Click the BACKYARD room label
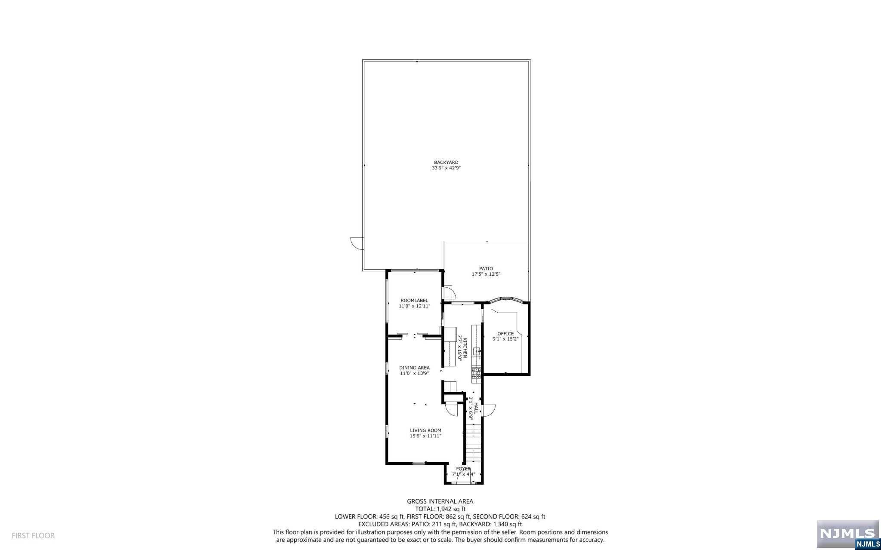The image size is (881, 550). (446, 163)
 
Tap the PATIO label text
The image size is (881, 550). (486, 269)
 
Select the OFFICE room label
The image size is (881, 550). (505, 334)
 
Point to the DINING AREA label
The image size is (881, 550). (414, 368)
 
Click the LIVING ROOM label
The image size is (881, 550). (425, 430)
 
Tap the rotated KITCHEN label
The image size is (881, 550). (465, 348)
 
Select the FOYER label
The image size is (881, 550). (463, 469)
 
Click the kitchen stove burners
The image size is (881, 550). (476, 374)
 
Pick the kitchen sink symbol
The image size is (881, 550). (477, 352)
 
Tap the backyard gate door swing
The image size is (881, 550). (357, 243)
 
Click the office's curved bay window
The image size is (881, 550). (506, 299)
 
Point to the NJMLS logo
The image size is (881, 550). (848, 534)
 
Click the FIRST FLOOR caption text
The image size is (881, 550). (33, 536)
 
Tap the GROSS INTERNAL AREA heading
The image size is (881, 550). (440, 501)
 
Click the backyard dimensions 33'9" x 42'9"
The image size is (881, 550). (446, 168)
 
